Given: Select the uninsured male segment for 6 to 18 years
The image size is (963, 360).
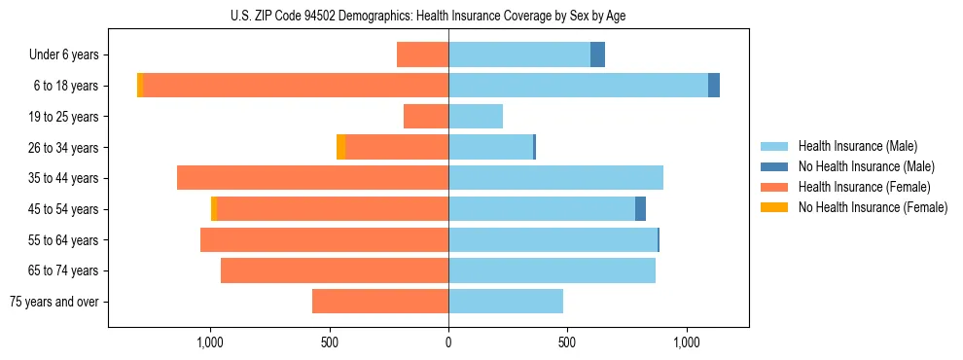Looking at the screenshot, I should tap(714, 86).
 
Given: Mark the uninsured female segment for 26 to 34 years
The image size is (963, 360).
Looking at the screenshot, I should tap(340, 147).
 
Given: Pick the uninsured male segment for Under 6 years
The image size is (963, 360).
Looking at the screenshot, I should tap(597, 54).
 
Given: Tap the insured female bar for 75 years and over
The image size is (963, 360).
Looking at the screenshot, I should tap(380, 302).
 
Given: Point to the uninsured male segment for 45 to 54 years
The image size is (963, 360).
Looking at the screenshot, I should tap(640, 209).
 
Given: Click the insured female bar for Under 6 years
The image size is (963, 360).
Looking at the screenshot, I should tap(422, 54).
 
